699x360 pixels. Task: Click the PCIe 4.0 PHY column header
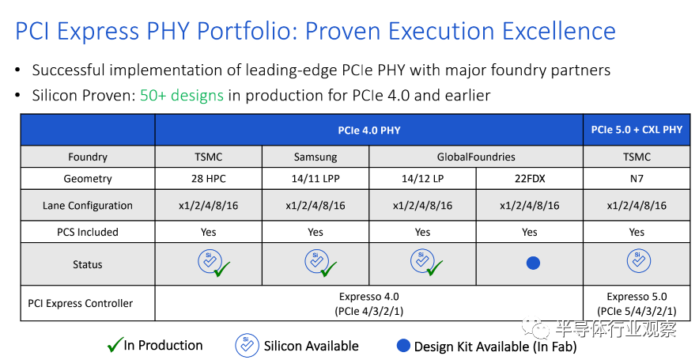click(368, 130)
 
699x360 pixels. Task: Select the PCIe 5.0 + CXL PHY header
click(637, 130)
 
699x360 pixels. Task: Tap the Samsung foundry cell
click(315, 157)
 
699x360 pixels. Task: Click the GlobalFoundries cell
click(476, 157)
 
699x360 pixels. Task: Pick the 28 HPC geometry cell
click(208, 179)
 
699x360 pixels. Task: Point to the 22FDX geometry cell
click(530, 179)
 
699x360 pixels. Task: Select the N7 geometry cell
click(637, 179)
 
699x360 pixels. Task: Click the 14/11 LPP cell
click(315, 179)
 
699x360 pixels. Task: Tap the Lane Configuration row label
click(88, 206)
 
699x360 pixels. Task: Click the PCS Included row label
click(88, 232)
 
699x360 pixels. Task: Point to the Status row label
click(88, 264)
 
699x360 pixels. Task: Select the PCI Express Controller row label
click(81, 303)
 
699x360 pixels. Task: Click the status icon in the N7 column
click(637, 262)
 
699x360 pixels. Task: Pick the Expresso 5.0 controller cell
click(637, 303)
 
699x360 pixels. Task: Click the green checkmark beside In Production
click(115, 345)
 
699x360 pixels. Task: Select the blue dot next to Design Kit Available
click(404, 346)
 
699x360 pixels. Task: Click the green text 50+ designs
click(182, 96)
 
